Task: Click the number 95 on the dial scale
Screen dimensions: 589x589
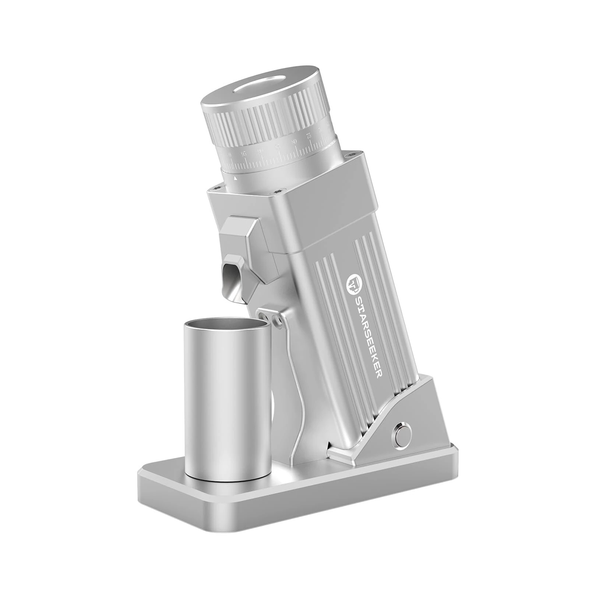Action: click(243, 154)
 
